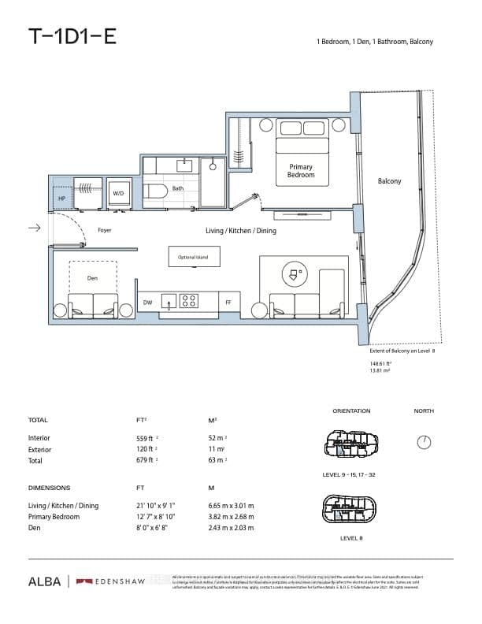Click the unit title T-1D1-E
pyautogui.click(x=72, y=36)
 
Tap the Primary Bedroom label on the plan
pyautogui.click(x=301, y=170)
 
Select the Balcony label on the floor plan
pyautogui.click(x=389, y=181)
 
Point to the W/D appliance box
pyautogui.click(x=119, y=193)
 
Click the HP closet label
pyautogui.click(x=61, y=199)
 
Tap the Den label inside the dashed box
pyautogui.click(x=93, y=278)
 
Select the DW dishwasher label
pyautogui.click(x=147, y=302)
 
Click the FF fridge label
pyautogui.click(x=228, y=302)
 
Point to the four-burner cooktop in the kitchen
pyautogui.click(x=189, y=300)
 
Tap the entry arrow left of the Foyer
pyautogui.click(x=33, y=228)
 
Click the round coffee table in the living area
pyautogui.click(x=294, y=275)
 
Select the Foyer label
pyautogui.click(x=105, y=230)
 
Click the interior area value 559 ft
pyautogui.click(x=147, y=437)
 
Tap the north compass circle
pyautogui.click(x=424, y=442)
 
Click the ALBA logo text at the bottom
pyautogui.click(x=45, y=581)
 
